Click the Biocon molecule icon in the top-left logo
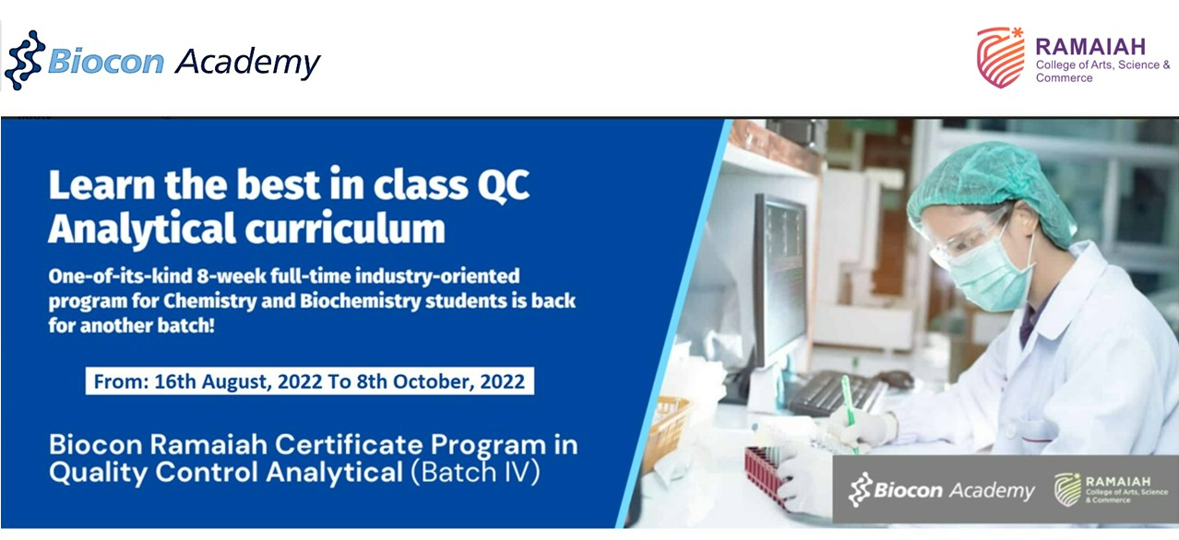[24, 61]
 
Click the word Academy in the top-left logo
[248, 63]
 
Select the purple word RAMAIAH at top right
[1090, 47]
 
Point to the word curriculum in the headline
[345, 229]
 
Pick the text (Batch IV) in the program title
[475, 472]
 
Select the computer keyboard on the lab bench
[837, 392]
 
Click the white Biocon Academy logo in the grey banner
[941, 490]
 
